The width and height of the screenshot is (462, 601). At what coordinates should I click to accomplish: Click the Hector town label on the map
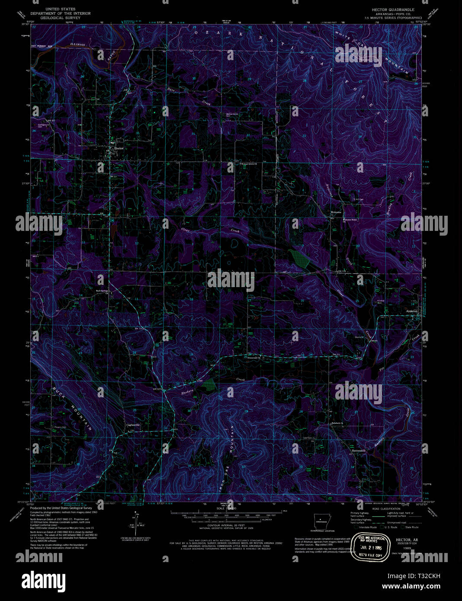tap(118, 148)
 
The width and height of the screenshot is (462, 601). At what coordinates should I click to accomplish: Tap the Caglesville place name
tap(133, 425)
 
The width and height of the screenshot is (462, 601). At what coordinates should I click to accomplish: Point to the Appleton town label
tap(412, 311)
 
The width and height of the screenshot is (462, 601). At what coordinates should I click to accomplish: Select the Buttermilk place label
tap(359, 451)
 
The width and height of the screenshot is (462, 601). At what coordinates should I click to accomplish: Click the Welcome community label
tap(336, 212)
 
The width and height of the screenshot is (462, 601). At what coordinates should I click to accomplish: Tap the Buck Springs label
tap(102, 291)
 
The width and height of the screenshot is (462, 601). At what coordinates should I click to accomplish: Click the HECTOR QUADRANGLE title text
tap(393, 10)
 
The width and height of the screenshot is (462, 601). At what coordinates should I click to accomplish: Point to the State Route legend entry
tap(411, 527)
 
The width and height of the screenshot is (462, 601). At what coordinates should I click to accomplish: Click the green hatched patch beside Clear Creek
tap(299, 259)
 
